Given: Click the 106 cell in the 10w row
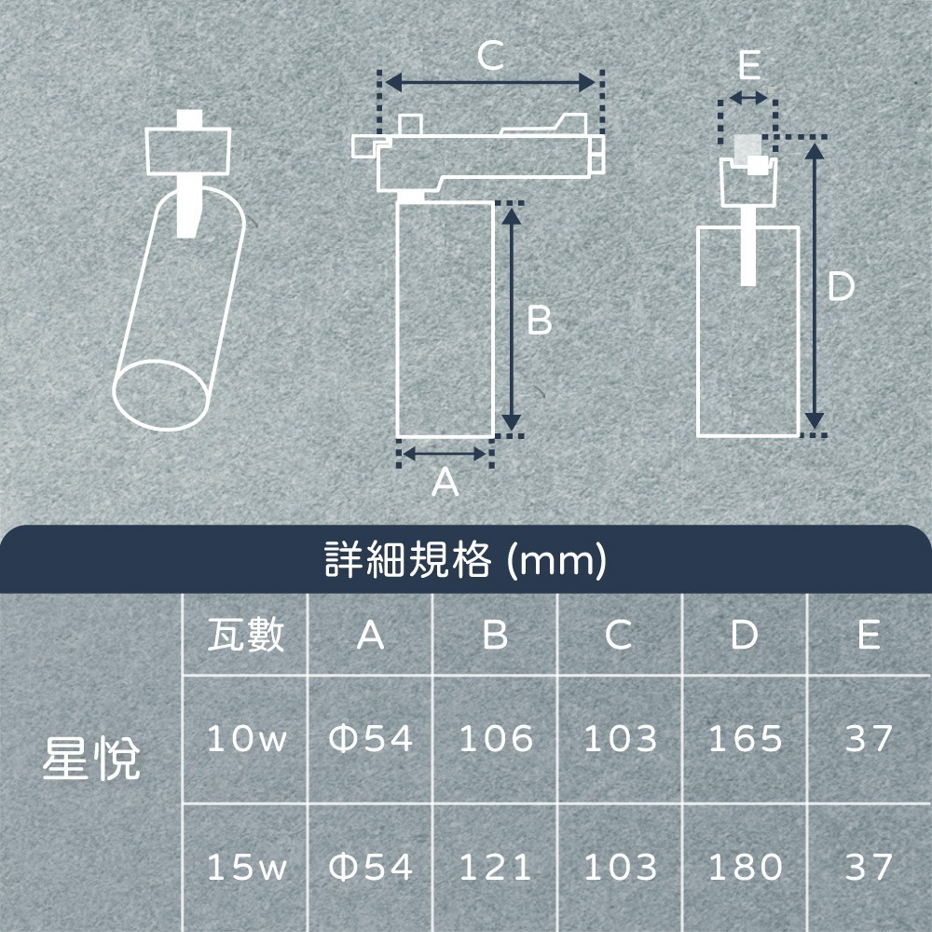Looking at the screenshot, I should point(496,739).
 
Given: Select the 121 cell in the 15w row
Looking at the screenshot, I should point(496,868).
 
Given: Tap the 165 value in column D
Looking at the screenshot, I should point(745,739).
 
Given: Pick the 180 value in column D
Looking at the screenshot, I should point(745,868).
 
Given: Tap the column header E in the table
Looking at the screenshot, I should point(869,636).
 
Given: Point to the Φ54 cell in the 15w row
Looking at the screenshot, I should point(371,868).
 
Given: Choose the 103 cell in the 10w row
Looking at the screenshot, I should point(620,739).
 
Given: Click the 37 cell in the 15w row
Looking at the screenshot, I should point(869,868).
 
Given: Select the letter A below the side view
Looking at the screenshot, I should point(445,482).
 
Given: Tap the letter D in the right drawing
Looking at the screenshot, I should point(841,287).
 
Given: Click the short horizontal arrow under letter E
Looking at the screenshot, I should point(747,98).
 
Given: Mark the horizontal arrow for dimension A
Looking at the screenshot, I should point(445,454).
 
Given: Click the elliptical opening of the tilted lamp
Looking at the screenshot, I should point(160,391).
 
